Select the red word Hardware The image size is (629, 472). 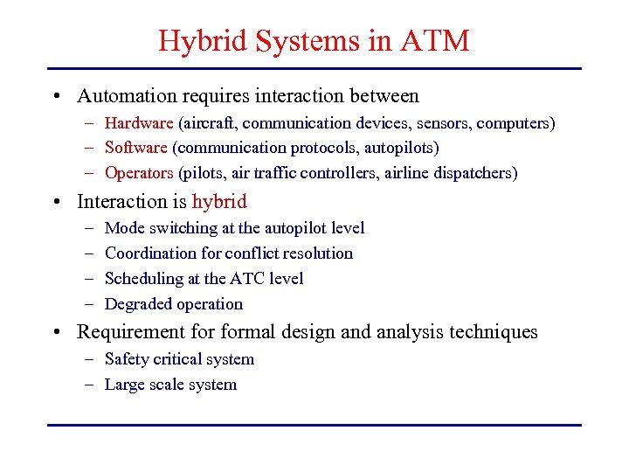point(139,123)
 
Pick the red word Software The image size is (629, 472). point(135,148)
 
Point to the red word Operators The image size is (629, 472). point(139,173)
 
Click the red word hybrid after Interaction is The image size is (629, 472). point(219,202)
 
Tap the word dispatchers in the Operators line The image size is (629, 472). point(475,173)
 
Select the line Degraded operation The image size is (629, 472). point(174,304)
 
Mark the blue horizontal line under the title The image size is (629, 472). point(314,68)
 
